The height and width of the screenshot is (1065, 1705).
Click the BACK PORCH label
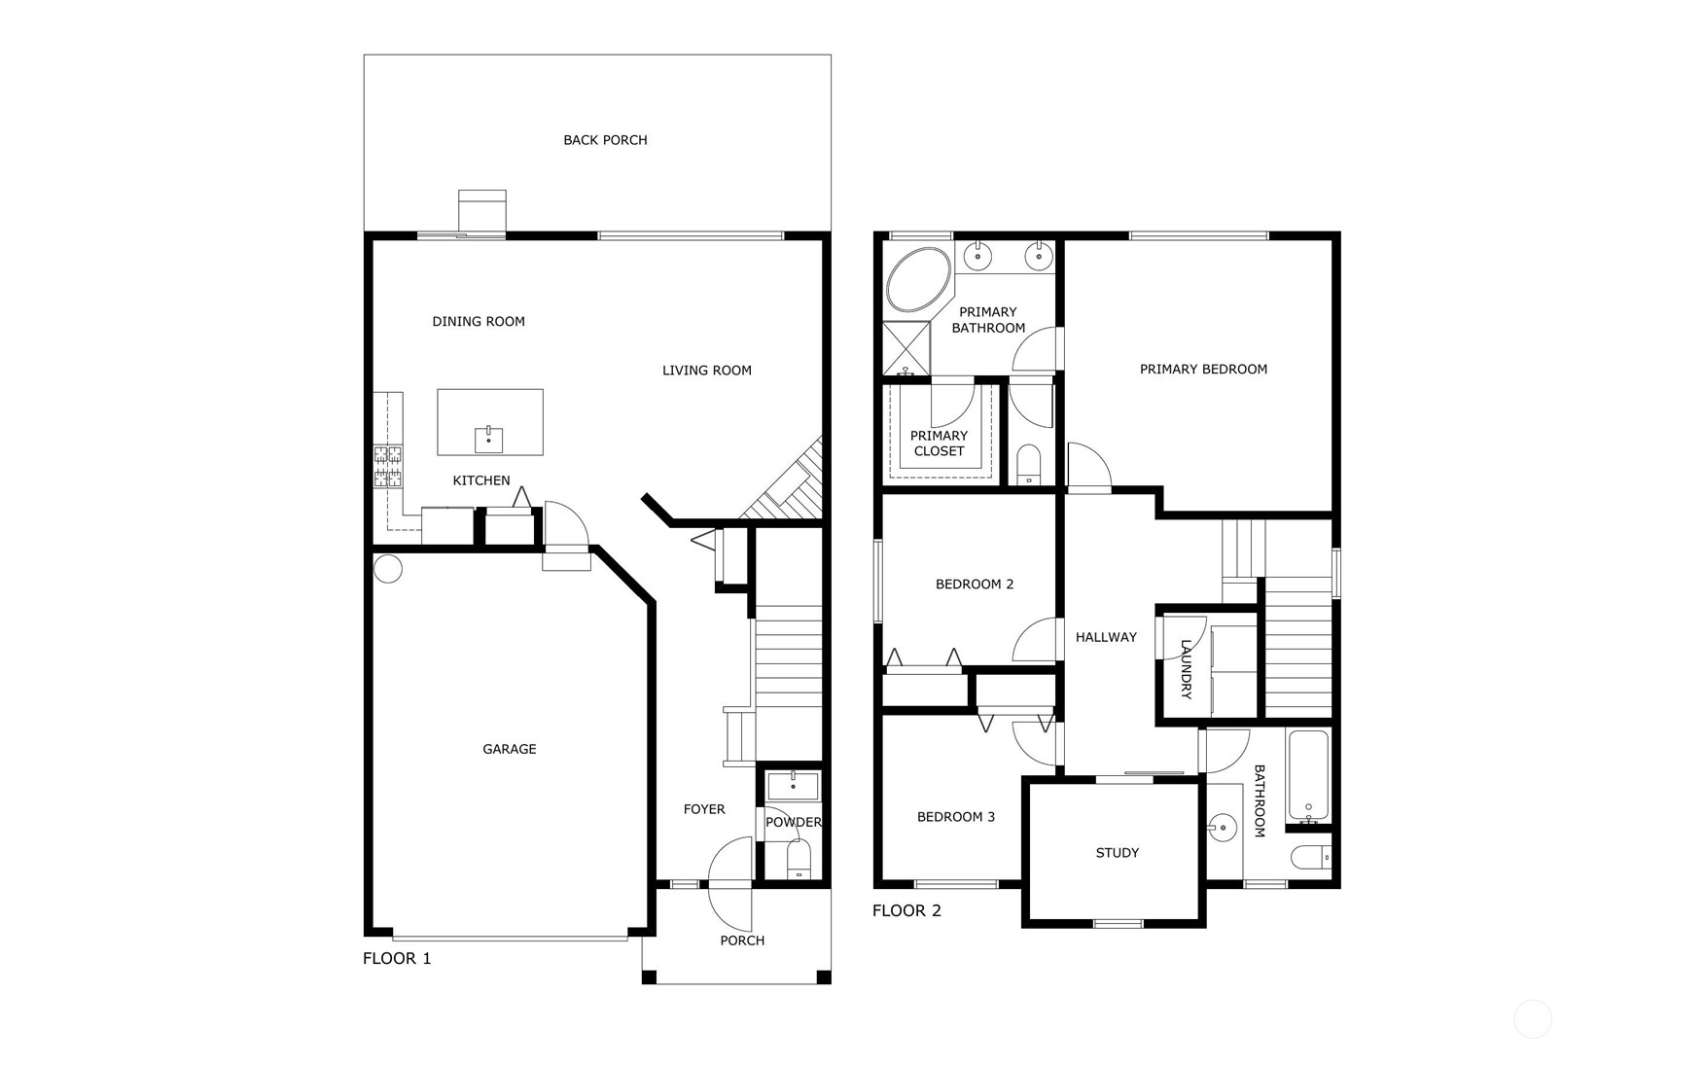coord(605,140)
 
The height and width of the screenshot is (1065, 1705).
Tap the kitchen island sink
coord(489,440)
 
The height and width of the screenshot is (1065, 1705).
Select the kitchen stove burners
coord(388,466)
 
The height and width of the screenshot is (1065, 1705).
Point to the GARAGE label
coord(510,749)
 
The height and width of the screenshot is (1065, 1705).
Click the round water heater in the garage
coord(388,569)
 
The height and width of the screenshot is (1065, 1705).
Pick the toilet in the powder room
coord(799,860)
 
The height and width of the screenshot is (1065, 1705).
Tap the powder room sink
coord(793,786)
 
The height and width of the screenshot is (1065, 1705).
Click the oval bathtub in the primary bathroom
coord(919,280)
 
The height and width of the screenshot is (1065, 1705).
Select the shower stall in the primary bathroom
coord(906,348)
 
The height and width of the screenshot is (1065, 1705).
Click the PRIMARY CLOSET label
coord(939,444)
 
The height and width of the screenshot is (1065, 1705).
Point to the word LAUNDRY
coord(1187,669)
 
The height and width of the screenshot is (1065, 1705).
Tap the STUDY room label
coord(1118,853)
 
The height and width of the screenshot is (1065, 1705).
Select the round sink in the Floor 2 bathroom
coord(1222,829)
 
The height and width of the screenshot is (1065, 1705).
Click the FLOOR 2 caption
coord(906,911)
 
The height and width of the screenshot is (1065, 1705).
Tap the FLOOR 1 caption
coord(397,959)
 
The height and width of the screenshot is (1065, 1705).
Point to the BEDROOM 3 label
coord(956,817)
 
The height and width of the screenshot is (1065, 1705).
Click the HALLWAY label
coord(1106,637)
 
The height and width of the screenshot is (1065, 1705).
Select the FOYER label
coord(704,809)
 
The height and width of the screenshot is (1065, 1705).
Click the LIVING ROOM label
coord(707,371)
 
